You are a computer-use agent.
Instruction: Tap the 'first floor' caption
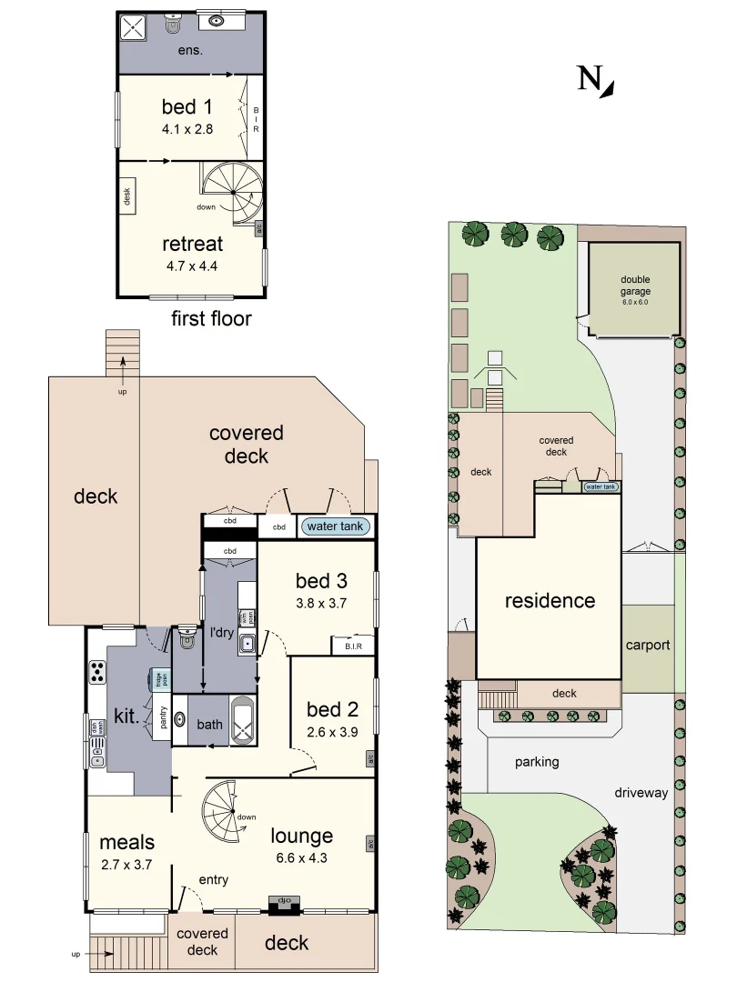click(x=211, y=318)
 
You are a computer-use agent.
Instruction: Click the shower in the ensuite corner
click(x=136, y=27)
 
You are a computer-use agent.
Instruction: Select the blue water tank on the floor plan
click(x=334, y=526)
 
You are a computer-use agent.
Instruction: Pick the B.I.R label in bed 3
click(x=354, y=646)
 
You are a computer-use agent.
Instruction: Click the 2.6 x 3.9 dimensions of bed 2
click(x=332, y=732)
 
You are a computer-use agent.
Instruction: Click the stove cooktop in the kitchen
click(x=96, y=672)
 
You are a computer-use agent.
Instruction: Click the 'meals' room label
click(x=126, y=842)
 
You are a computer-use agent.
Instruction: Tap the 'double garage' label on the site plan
click(x=636, y=286)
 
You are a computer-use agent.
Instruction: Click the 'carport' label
click(x=647, y=645)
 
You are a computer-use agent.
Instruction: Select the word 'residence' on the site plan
click(x=550, y=600)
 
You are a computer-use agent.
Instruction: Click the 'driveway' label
click(x=641, y=792)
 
